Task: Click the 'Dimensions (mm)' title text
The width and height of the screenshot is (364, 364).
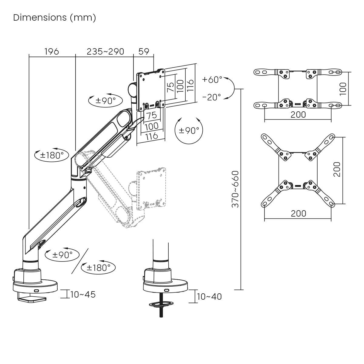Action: click(x=55, y=18)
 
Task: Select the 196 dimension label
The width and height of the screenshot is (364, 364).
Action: click(x=52, y=52)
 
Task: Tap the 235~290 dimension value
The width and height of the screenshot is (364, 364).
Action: click(x=105, y=52)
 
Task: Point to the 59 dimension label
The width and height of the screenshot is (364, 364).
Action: click(x=144, y=52)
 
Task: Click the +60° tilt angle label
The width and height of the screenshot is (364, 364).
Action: click(x=212, y=80)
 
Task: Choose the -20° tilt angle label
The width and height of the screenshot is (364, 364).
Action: click(x=211, y=97)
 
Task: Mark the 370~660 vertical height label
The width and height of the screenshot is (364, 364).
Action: click(x=235, y=189)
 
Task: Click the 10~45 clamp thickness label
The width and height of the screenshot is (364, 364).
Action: click(x=83, y=295)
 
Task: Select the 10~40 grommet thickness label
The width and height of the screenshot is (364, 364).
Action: click(x=209, y=297)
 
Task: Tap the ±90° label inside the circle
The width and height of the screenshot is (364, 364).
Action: click(x=189, y=130)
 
